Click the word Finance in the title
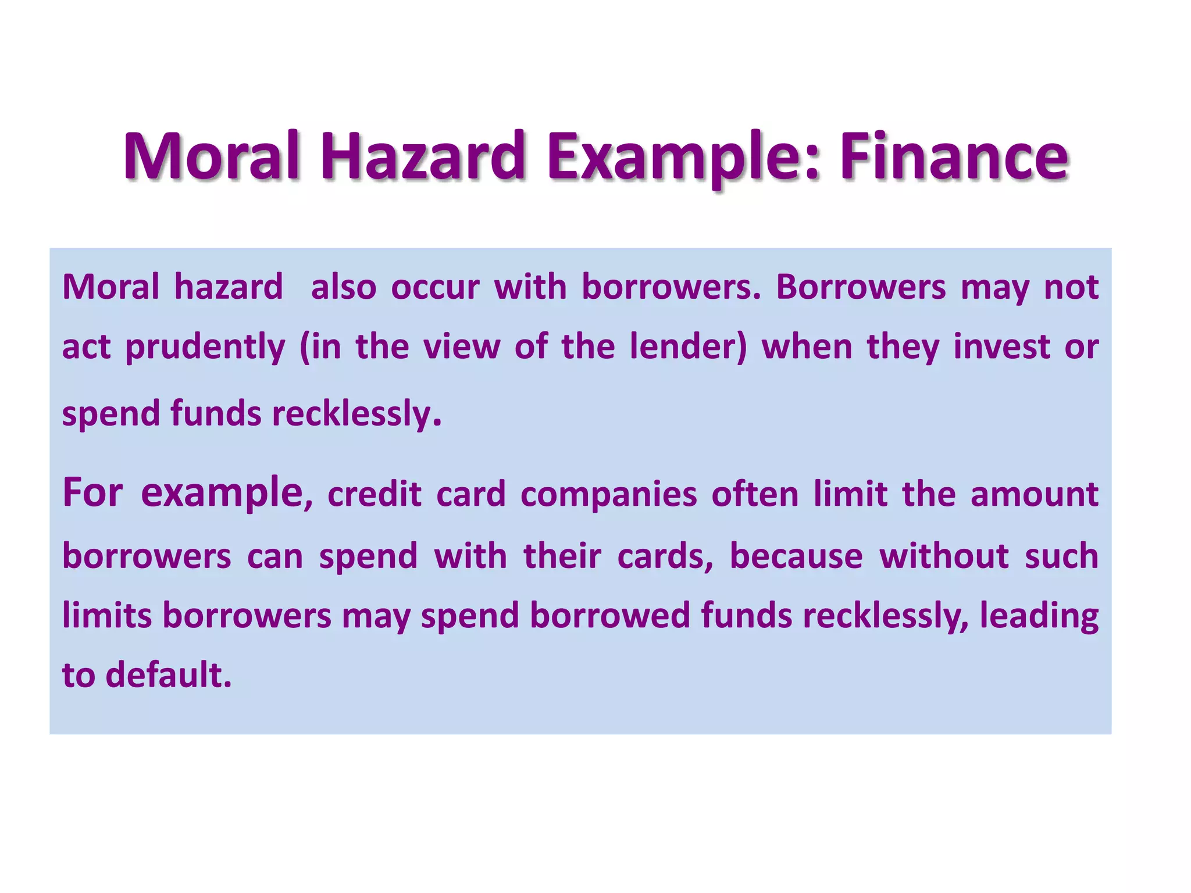coord(954,157)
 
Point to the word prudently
coord(205,348)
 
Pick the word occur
coord(435,287)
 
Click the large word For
coord(92,493)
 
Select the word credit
coord(374,495)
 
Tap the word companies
coord(608,496)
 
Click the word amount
coord(1034,495)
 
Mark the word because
coord(796,556)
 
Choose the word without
coord(944,556)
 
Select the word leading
coord(1039,616)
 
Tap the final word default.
coord(169,675)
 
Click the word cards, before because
coord(665,556)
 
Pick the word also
coord(343,287)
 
